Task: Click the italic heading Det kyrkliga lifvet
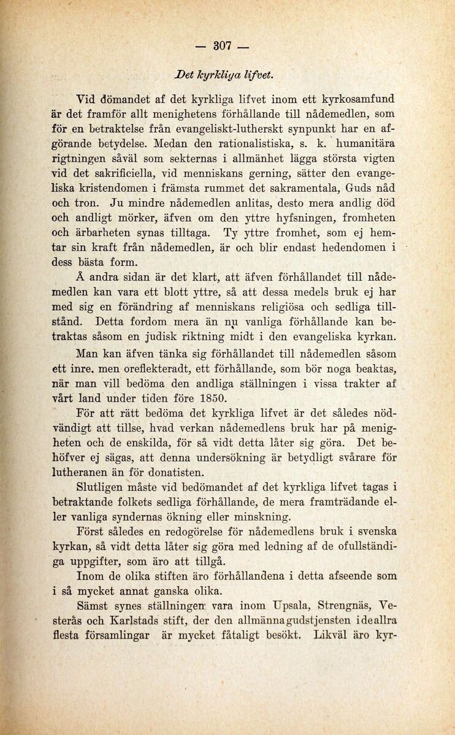pos(219,74)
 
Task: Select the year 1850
pos(207,398)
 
